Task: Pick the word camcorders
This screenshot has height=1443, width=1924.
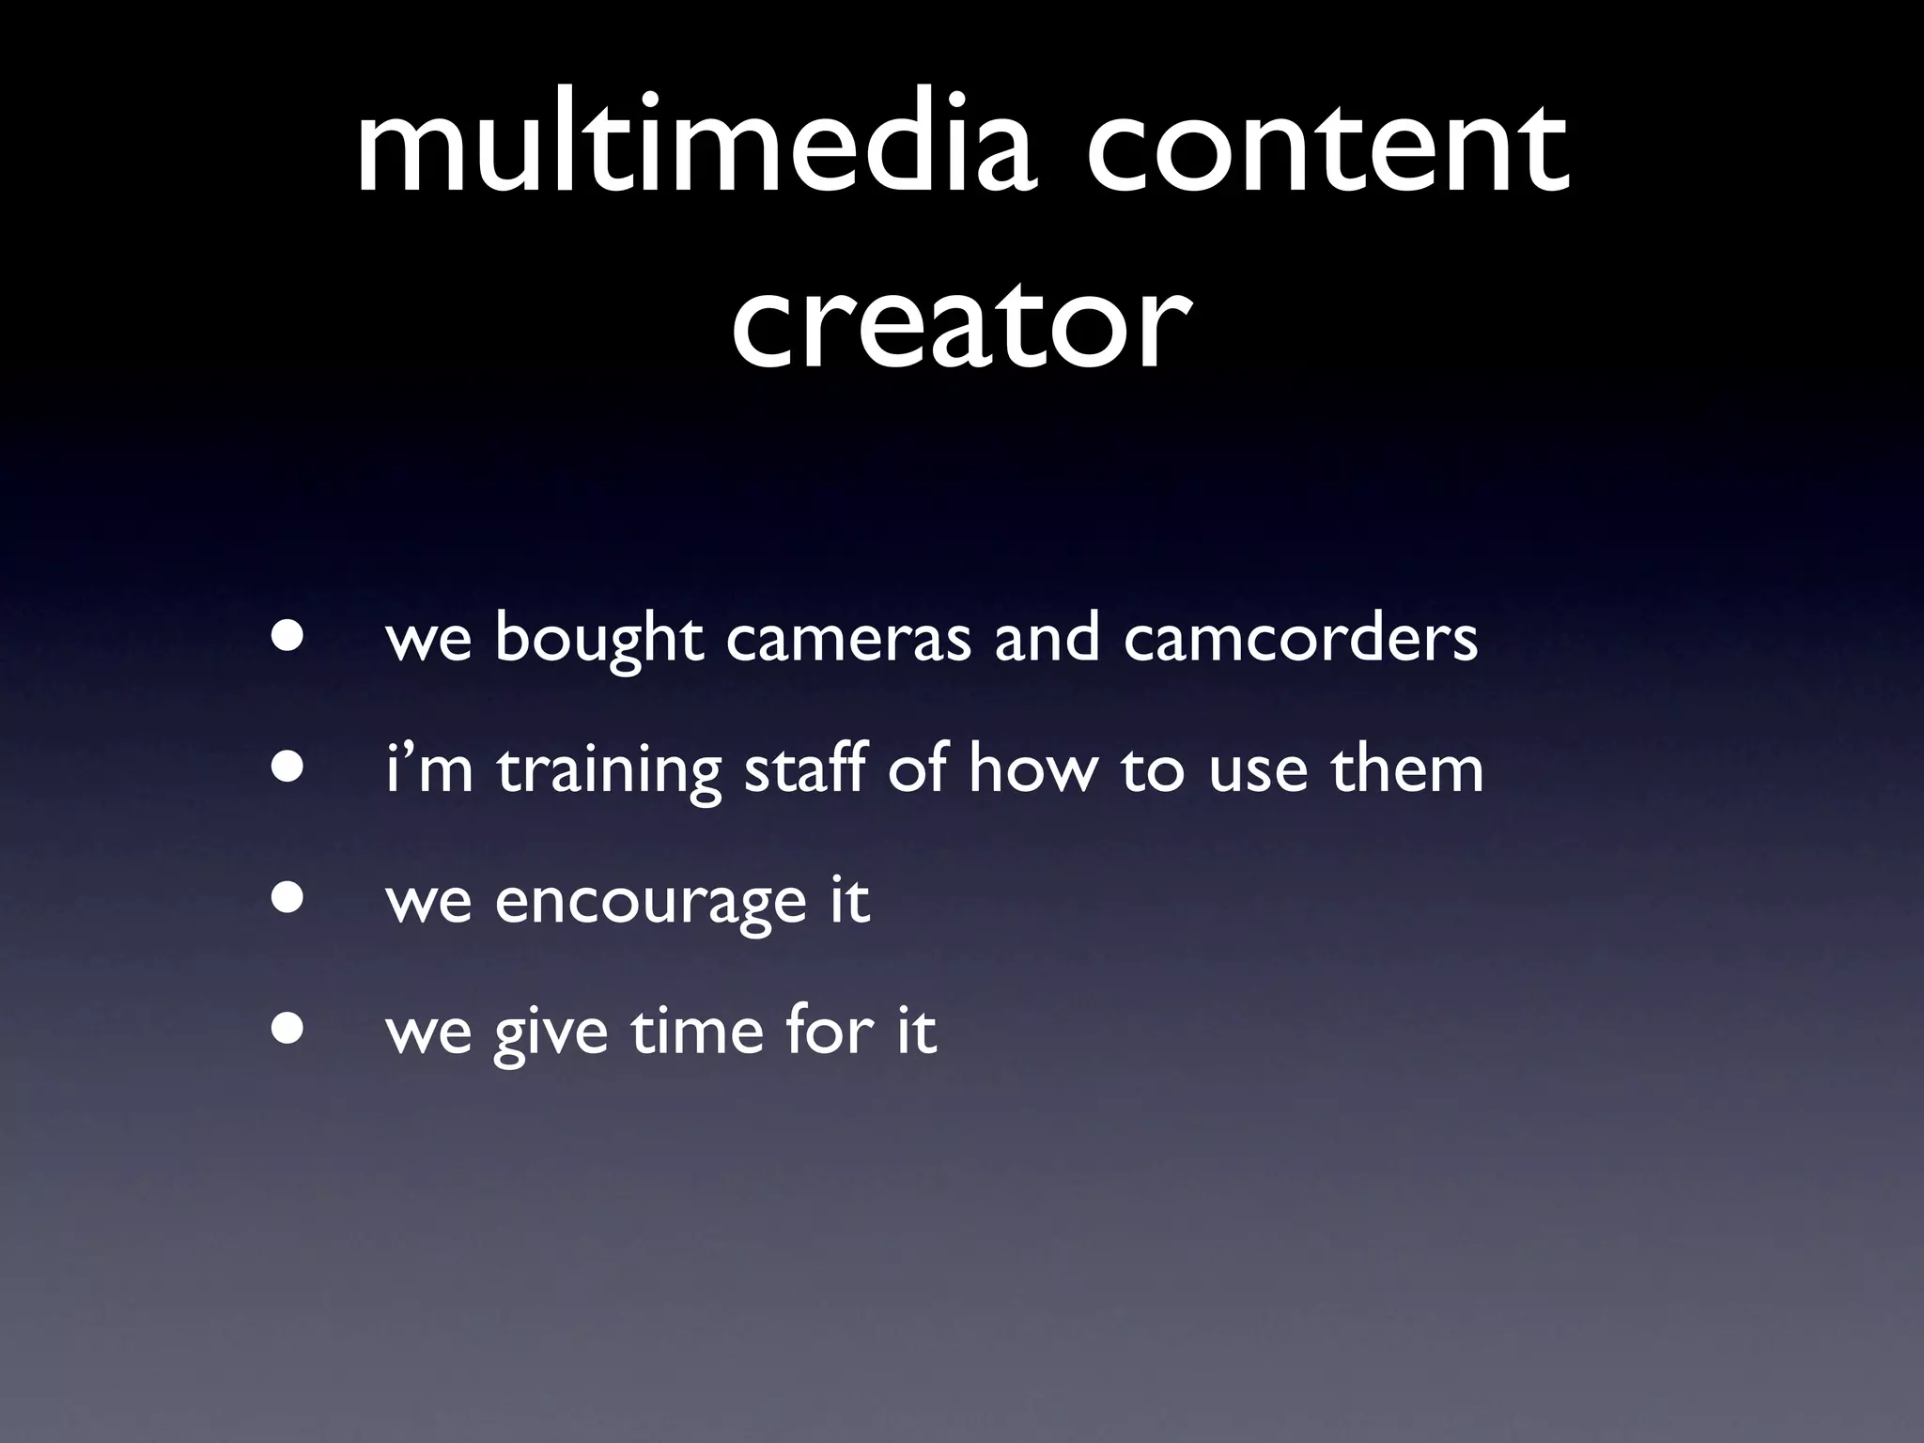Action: tap(1300, 639)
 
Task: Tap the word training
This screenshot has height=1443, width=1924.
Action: tap(609, 771)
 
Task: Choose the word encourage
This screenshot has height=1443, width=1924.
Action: tap(650, 902)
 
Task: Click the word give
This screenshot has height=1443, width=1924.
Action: tap(551, 1033)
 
